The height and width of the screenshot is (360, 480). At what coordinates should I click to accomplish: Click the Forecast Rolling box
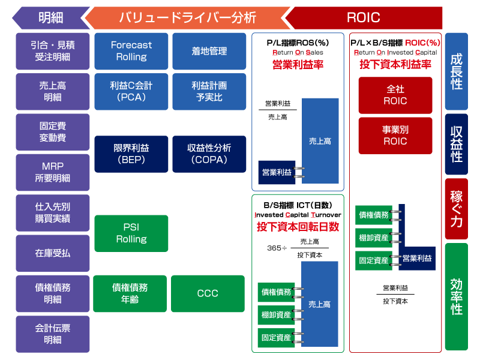pyautogui.click(x=131, y=51)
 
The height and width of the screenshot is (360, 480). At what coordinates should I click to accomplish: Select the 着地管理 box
pyautogui.click(x=209, y=51)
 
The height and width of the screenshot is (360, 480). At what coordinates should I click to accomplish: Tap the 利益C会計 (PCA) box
pyautogui.click(x=131, y=91)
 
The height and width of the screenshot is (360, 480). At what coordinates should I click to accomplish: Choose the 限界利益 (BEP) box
pyautogui.click(x=131, y=154)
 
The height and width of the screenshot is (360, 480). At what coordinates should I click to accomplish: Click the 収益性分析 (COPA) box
pyautogui.click(x=209, y=154)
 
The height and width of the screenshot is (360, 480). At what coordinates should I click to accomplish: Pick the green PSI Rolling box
pyautogui.click(x=131, y=233)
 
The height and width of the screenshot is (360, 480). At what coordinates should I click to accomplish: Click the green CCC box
pyautogui.click(x=208, y=293)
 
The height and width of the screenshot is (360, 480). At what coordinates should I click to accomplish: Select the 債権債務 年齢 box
pyautogui.click(x=130, y=293)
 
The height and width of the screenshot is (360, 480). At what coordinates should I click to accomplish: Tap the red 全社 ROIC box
pyautogui.click(x=395, y=95)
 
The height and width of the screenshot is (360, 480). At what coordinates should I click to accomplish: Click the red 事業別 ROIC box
pyautogui.click(x=395, y=135)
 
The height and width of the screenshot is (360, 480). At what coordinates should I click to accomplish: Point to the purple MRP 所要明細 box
pyautogui.click(x=53, y=172)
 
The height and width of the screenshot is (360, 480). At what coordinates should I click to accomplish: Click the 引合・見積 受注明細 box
pyautogui.click(x=53, y=51)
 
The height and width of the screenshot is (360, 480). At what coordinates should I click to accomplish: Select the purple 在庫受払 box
pyautogui.click(x=53, y=253)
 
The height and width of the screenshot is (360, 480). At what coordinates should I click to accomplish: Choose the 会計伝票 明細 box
pyautogui.click(x=53, y=334)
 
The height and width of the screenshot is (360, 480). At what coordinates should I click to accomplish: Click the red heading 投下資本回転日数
pyautogui.click(x=298, y=227)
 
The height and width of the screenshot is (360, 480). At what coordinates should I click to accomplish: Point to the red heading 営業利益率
pyautogui.click(x=298, y=65)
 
